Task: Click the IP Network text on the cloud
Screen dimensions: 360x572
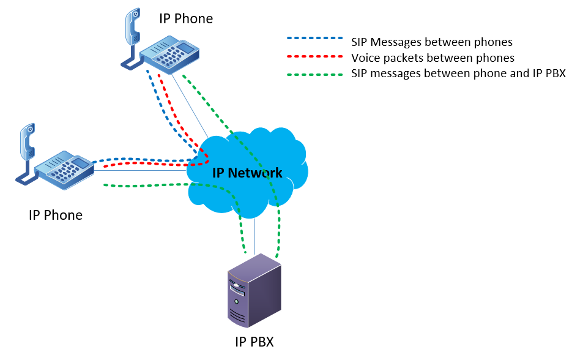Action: point(247,173)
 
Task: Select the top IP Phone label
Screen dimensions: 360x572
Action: point(186,18)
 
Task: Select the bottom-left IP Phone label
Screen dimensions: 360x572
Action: point(55,215)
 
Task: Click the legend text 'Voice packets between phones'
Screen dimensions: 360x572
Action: point(433,58)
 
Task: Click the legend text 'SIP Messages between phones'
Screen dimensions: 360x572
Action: point(431,42)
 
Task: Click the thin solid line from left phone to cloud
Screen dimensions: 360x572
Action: point(141,171)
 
